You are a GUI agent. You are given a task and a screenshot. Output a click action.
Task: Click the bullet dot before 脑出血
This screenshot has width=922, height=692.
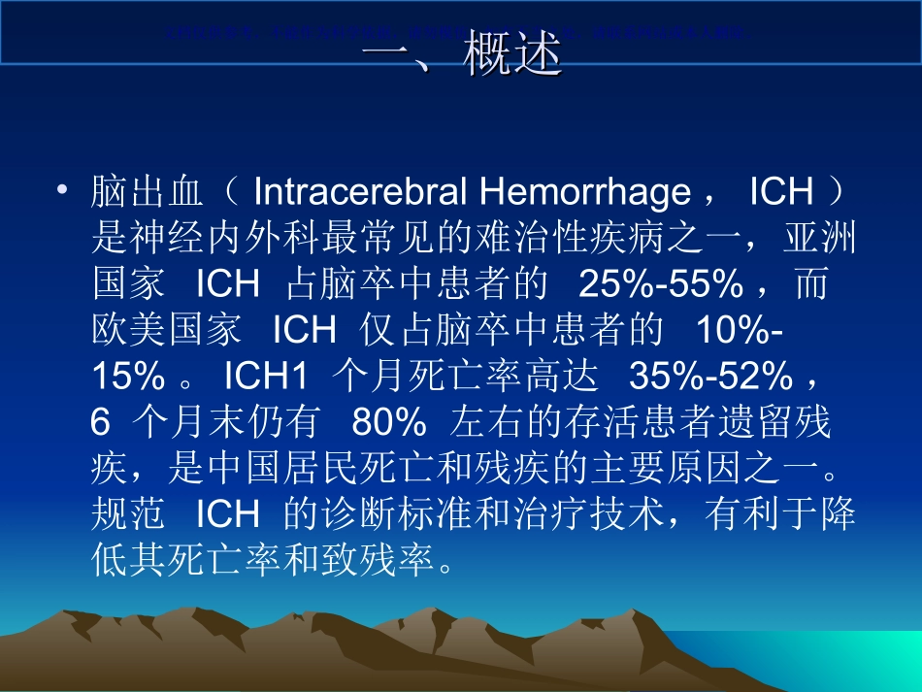[x=64, y=191]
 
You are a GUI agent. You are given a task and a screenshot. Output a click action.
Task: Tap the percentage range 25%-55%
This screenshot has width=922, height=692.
[x=660, y=283]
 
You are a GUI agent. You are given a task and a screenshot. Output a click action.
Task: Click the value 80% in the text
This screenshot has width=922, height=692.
[x=389, y=422]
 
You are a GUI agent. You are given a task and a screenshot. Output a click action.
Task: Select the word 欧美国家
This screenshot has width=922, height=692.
[x=166, y=330]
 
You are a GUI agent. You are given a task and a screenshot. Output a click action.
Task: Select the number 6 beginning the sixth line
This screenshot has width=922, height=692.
[x=100, y=422]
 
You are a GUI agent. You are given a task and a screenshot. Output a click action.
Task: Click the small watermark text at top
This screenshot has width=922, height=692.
[x=456, y=32]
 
